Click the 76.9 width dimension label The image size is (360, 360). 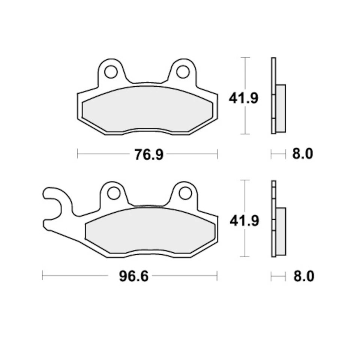[x=149, y=154]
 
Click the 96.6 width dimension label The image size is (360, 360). [x=134, y=277]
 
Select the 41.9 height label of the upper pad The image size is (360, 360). [x=244, y=99]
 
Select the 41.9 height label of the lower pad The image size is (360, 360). [x=244, y=221]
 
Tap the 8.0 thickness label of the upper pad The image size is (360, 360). [x=302, y=154]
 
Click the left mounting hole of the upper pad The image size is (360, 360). [x=111, y=72]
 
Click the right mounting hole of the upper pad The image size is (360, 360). [x=183, y=72]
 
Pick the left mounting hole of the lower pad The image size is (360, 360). [x=113, y=193]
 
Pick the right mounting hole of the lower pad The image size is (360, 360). [x=184, y=193]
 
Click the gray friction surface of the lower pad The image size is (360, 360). [x=150, y=231]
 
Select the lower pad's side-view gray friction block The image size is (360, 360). [x=280, y=231]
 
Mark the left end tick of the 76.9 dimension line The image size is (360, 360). [x=78, y=154]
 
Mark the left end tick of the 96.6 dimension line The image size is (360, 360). [x=43, y=276]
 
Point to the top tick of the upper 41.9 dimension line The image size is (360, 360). [x=245, y=58]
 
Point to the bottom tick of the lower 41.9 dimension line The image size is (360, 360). [x=245, y=257]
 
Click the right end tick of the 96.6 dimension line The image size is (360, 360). [x=217, y=276]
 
